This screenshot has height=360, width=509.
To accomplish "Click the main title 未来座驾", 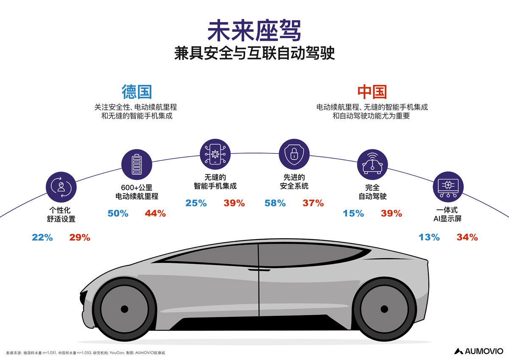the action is point(254,31).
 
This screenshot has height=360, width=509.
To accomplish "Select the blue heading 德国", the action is point(137,92).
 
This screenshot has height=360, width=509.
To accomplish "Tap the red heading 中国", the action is point(372,92).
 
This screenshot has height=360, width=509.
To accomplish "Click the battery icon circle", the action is point(137,165).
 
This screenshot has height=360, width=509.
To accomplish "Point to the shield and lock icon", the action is point(294,154).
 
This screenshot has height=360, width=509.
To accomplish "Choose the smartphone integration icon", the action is point(215,154).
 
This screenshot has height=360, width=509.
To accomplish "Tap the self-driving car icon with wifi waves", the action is point(372,165).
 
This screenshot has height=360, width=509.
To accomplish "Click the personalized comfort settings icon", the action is point(61,187).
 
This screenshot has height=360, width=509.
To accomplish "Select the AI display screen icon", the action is point(448,187).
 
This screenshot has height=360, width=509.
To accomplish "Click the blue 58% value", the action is point(275,203).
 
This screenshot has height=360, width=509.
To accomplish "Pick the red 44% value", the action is point(155,213).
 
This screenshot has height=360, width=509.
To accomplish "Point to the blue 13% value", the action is point(429,237).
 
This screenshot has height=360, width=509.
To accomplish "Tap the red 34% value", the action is point(467,237).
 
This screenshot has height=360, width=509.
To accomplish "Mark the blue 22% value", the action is point(42,237).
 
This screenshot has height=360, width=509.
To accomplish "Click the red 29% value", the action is point(80,237).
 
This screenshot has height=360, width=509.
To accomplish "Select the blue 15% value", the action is point(353,213).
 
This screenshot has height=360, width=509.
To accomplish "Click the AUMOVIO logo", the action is point(478,351).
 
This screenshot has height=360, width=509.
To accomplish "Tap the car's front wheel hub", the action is point(124,309).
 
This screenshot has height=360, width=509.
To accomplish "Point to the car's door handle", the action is point(259,270).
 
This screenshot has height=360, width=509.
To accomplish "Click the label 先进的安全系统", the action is point(294,181).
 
